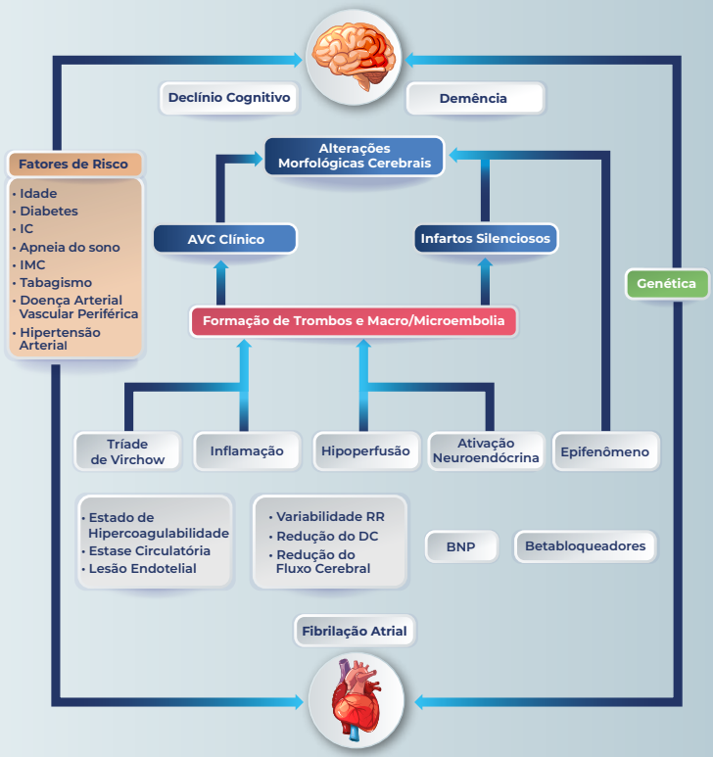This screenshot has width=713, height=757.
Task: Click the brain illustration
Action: [355, 55]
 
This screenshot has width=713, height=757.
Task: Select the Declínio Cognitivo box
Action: [229, 98]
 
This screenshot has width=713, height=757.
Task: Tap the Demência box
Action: [474, 98]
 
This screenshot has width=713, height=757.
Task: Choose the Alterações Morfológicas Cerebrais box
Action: [355, 156]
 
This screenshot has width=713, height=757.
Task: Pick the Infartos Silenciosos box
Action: [486, 238]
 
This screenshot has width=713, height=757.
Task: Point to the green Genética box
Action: [667, 284]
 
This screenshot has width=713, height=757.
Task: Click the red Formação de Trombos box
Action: [354, 321]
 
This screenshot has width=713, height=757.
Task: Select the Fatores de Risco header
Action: [73, 164]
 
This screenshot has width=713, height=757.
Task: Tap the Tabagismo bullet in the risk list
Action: [56, 283]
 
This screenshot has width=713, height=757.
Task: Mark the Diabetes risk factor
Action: [49, 212]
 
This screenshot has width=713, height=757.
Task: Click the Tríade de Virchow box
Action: [128, 451]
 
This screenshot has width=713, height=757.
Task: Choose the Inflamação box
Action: [247, 451]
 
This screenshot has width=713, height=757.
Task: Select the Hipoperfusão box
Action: [365, 451]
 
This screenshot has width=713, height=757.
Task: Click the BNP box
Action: [460, 546]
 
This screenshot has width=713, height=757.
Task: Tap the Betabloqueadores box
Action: [586, 546]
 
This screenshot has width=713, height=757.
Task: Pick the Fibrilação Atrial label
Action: [355, 631]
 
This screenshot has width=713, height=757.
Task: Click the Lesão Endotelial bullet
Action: [143, 569]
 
